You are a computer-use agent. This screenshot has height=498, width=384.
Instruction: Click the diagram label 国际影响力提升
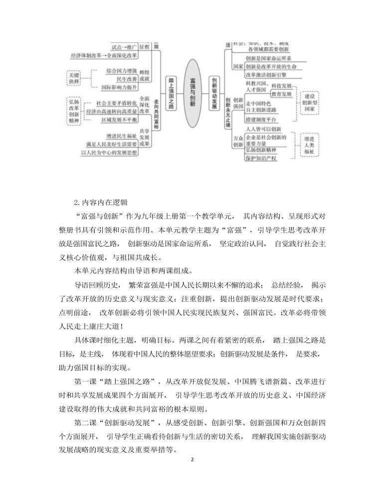119,87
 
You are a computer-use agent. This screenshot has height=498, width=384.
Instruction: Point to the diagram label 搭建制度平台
261,120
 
